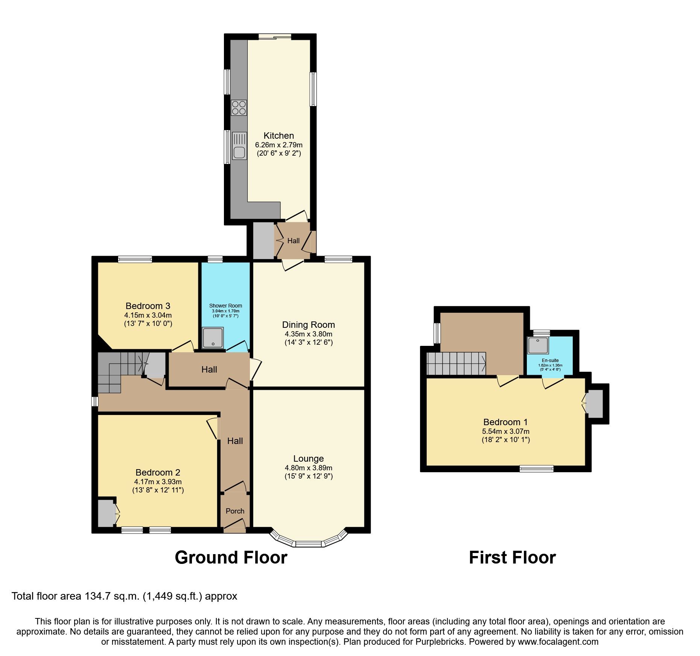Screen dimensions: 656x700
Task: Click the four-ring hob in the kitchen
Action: pos(239,108)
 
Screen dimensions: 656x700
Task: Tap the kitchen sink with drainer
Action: pos(239,146)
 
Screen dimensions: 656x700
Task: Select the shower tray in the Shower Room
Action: pos(213,338)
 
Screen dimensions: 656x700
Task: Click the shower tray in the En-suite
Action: pos(538,345)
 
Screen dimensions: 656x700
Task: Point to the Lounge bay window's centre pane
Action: pos(309,544)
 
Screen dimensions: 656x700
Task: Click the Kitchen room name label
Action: pos(278,136)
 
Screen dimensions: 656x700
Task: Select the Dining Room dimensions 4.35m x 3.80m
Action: pos(308,334)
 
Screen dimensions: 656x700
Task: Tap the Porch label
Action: pos(235,511)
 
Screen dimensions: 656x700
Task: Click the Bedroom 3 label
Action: pos(148,306)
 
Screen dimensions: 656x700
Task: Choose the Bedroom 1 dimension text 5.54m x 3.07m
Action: pos(505,431)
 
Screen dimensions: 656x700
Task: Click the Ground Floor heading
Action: pos(231,557)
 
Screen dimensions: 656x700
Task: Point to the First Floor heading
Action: pos(512,557)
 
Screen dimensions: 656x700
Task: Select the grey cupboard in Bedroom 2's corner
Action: pos(105,513)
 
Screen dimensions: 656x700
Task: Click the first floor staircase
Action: pos(456,364)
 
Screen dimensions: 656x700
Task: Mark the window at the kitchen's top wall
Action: pos(275,36)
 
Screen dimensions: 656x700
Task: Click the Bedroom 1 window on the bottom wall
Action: pos(536,468)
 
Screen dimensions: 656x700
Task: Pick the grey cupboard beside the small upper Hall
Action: pos(263,241)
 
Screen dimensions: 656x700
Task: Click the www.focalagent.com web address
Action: pos(558,642)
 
